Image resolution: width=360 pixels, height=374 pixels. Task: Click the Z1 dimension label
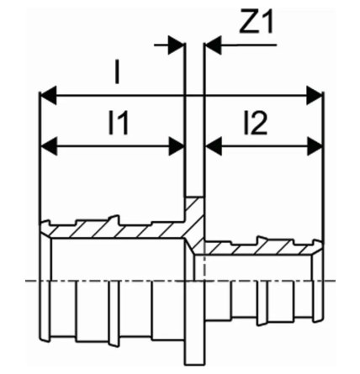click(257, 22)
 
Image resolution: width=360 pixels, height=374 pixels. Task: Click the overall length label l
click(117, 72)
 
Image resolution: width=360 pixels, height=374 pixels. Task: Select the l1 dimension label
click(119, 124)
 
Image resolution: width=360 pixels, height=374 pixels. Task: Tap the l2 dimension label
click(256, 124)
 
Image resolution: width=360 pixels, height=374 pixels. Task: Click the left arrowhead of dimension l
click(48, 96)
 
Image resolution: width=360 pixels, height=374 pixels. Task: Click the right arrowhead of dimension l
click(315, 96)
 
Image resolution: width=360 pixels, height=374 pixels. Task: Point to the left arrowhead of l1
click(50, 146)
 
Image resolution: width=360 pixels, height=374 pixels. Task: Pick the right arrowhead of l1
click(177, 146)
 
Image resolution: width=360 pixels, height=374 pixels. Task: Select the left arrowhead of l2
click(214, 146)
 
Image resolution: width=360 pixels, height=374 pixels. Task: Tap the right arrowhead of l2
click(315, 146)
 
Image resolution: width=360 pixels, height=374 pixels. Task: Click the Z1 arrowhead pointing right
click(177, 45)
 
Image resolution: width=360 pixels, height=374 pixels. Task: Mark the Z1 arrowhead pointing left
click(214, 45)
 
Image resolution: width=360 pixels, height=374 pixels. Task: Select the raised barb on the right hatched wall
click(262, 240)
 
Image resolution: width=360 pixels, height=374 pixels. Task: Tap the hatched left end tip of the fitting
click(45, 229)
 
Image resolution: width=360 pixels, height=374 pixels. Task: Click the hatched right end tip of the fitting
click(318, 246)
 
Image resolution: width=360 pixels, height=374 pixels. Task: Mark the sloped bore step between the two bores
click(190, 246)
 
